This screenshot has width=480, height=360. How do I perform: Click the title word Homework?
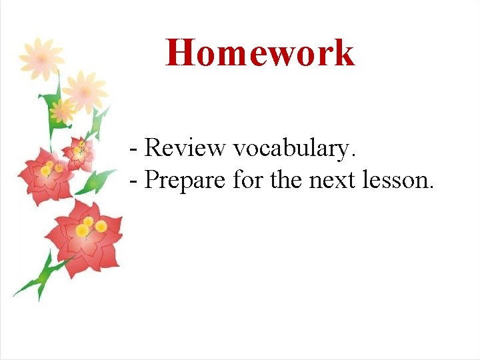(260, 53)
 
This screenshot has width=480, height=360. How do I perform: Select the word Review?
(185, 148)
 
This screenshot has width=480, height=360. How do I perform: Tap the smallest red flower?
(79, 152)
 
